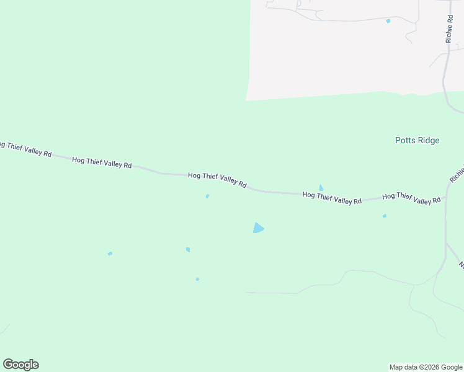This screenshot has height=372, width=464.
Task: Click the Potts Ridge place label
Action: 417,140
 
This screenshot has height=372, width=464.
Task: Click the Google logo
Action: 20,365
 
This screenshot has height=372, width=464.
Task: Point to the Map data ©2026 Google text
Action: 426,367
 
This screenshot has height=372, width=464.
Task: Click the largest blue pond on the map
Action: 258,228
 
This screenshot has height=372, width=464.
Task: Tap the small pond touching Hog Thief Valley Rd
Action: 321,188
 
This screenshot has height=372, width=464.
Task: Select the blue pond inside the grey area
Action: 388,21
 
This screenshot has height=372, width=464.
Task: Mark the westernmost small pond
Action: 110,254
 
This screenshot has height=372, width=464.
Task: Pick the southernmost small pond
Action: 197,279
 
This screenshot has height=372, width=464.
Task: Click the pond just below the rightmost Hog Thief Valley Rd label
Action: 385,216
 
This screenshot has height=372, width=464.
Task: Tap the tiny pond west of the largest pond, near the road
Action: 207,197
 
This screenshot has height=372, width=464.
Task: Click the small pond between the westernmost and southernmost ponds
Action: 188,249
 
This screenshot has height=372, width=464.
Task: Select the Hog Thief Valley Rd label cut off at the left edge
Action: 25,149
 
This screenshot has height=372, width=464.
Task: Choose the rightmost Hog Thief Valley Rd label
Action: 411,198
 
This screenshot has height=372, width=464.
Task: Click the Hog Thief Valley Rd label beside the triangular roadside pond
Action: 332,198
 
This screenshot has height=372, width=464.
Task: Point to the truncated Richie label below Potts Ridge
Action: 458,172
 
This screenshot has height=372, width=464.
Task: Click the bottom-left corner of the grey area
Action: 246,100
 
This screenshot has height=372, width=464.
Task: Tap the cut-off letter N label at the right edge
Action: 461,265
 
